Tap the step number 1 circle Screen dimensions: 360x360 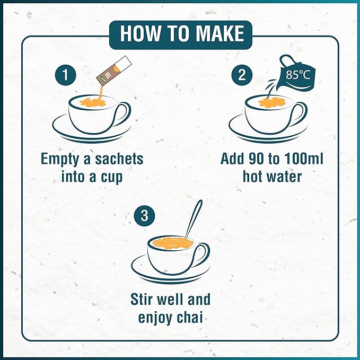click(66, 75)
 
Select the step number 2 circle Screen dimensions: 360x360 click(242, 75)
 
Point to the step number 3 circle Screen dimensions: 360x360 click(144, 216)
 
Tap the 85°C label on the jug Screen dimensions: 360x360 click(298, 75)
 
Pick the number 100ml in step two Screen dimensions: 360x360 click(304, 159)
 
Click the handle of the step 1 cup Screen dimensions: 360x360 click(124, 112)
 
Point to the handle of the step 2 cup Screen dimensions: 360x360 click(300, 112)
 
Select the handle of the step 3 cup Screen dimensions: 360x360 click(202, 253)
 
